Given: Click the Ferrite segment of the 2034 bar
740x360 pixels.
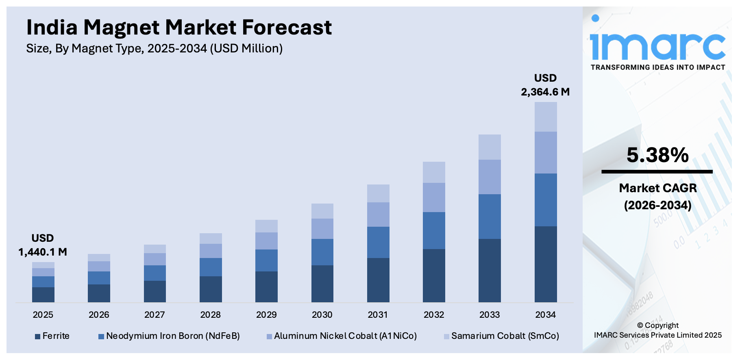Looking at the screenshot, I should click(545, 264).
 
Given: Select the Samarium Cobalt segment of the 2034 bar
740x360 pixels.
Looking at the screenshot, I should click(545, 117).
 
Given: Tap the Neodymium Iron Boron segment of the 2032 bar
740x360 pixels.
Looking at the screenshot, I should click(434, 230).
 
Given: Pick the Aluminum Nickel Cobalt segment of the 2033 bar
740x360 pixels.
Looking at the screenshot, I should click(490, 177).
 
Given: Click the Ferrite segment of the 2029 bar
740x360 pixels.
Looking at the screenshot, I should click(266, 286).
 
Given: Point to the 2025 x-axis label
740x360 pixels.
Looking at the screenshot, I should click(43, 314).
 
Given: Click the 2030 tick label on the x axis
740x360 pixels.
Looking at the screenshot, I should click(322, 314).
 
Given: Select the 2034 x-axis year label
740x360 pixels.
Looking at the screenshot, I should click(545, 314).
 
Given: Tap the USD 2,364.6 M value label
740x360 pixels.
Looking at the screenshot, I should click(545, 85).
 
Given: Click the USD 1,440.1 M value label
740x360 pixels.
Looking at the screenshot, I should click(43, 245).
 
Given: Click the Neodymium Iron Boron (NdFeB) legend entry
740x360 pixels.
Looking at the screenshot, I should click(169, 336).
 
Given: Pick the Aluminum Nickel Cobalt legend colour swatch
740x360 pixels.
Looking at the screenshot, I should click(269, 336).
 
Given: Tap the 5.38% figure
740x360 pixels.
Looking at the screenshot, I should click(657, 155).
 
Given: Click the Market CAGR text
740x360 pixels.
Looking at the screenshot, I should click(657, 188).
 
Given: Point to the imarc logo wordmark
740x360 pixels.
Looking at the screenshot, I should click(657, 47).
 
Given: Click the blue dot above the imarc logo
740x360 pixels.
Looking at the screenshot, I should click(595, 18).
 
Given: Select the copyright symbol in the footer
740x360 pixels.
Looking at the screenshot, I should click(640, 325).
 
